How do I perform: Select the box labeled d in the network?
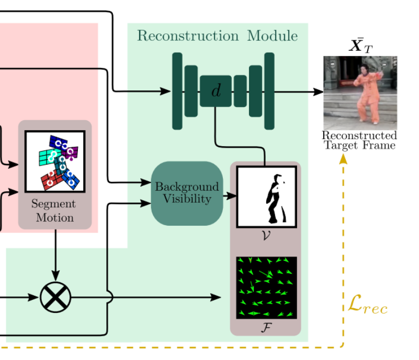(x=216, y=91)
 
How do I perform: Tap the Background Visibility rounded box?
(x=187, y=193)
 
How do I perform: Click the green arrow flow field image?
(x=266, y=287)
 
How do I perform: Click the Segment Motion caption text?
(x=54, y=211)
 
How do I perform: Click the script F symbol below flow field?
(x=266, y=327)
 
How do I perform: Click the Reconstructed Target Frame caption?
(x=359, y=140)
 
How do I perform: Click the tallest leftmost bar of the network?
(x=177, y=91)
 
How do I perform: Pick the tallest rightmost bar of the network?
(x=269, y=91)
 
